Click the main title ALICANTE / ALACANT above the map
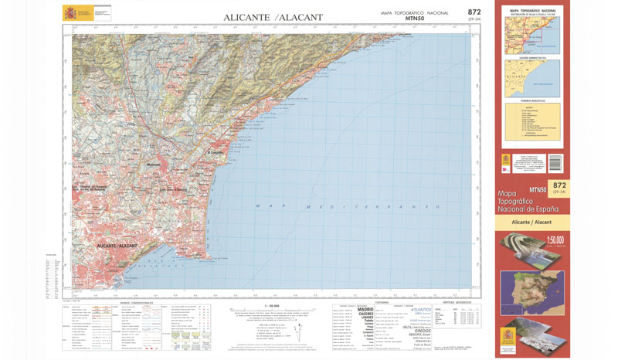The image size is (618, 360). [x=273, y=17]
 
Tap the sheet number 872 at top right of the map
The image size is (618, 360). [x=474, y=12]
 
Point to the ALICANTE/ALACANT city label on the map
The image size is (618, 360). [x=117, y=245]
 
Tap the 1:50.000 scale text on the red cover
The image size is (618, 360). [x=556, y=239]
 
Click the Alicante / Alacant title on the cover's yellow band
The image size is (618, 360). [x=531, y=222]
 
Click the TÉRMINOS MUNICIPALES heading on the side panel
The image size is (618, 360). [x=531, y=100]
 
